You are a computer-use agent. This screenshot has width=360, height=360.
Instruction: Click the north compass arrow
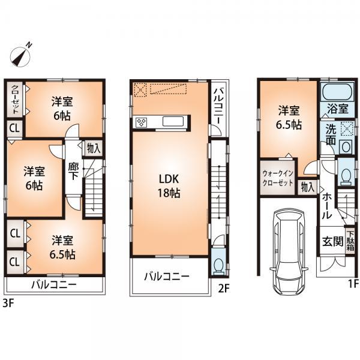pos(22,55)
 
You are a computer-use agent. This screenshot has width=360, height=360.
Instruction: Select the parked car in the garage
pos(289,239)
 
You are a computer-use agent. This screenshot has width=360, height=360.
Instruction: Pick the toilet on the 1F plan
pos(345,175)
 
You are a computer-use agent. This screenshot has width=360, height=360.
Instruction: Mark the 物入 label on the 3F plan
pos(92,148)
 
